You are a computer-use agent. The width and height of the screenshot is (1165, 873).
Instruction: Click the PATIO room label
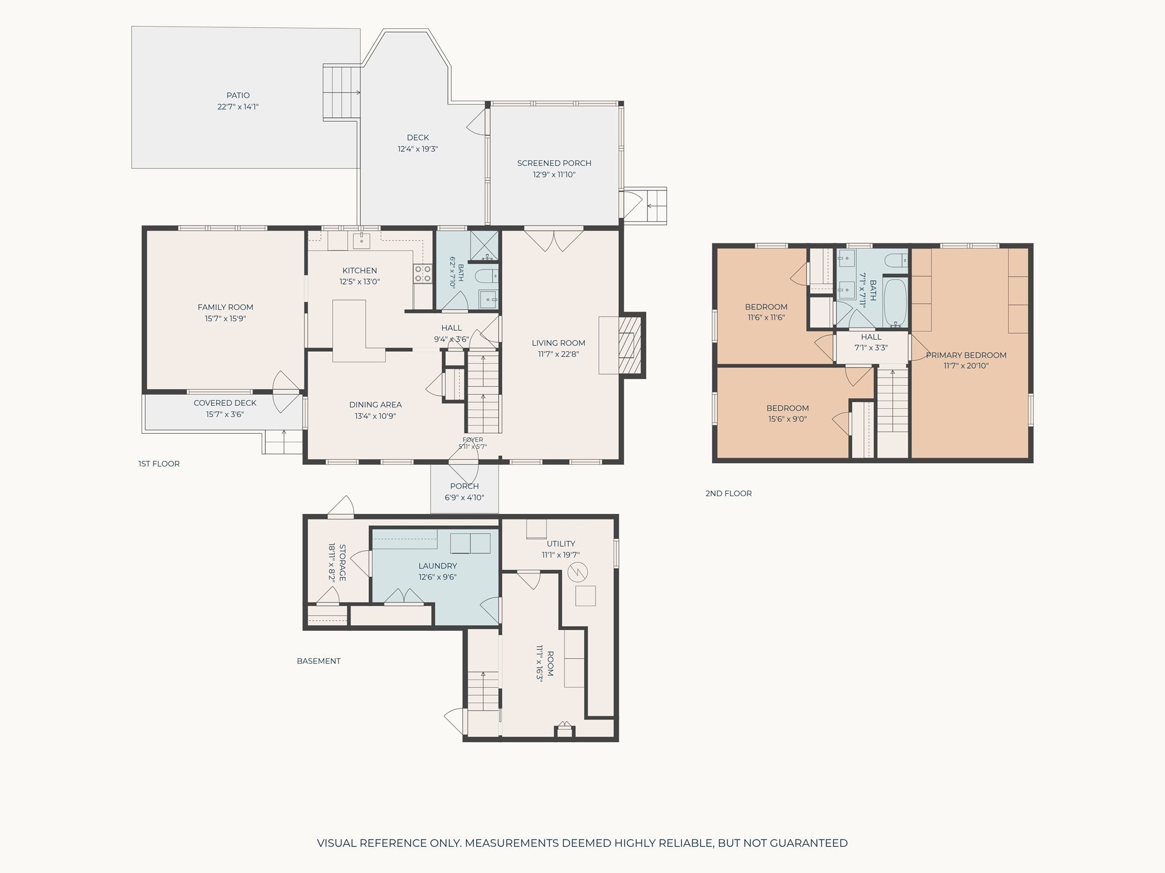[238, 95]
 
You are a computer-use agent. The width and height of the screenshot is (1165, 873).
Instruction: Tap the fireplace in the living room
[630, 345]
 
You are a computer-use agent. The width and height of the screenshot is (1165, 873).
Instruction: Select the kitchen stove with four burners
[422, 273]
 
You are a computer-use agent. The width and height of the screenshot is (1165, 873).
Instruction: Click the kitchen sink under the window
[362, 241]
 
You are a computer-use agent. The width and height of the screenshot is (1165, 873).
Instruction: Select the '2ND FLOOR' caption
[728, 493]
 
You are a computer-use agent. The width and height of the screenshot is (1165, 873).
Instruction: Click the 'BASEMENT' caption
[319, 661]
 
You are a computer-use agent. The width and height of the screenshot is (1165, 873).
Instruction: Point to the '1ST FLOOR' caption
[159, 464]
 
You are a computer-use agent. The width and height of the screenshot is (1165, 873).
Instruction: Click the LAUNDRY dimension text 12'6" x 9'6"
[437, 577]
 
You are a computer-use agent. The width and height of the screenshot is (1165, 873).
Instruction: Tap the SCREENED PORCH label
[554, 163]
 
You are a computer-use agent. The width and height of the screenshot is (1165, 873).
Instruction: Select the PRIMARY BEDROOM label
[966, 355]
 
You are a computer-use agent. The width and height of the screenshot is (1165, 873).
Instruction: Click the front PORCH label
[464, 486]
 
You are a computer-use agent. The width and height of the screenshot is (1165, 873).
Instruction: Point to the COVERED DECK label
[225, 403]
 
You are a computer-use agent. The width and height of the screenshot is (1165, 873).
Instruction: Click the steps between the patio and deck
[342, 93]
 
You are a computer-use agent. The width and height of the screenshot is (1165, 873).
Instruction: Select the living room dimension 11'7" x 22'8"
[558, 354]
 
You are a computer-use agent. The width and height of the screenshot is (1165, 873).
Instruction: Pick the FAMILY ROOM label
[225, 307]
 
